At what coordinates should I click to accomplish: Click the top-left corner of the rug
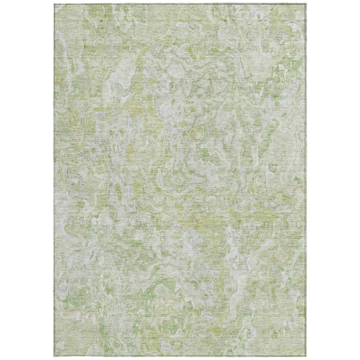point(54,4)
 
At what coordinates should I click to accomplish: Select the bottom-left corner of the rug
point(54,356)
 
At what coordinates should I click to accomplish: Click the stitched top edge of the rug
point(180,4)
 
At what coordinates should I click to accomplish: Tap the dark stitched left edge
point(54,180)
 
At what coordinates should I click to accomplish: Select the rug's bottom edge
point(180,356)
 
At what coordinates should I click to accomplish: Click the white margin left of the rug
point(27,180)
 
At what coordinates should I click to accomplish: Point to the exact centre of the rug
point(180,180)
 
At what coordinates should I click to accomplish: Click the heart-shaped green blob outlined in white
point(273,168)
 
